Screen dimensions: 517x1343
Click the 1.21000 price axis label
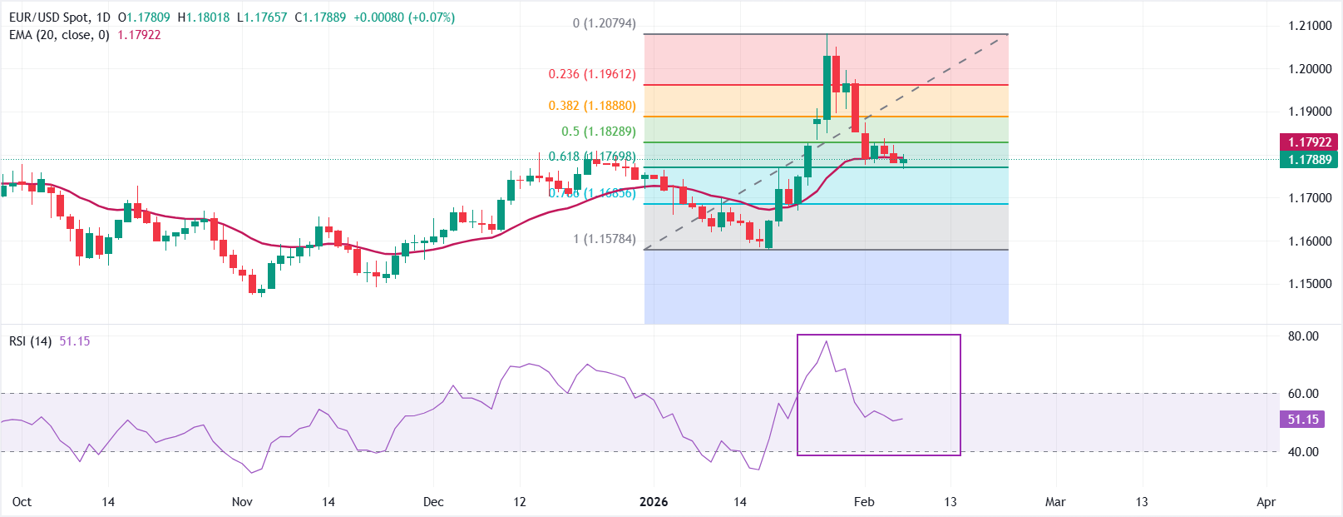[1310, 26]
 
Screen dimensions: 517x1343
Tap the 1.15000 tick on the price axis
[1310, 284]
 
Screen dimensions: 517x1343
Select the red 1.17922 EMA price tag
[1310, 142]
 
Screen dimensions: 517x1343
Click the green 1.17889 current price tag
[1310, 160]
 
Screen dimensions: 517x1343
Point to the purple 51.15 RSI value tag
[1302, 420]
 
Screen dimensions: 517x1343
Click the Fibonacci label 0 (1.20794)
[604, 23]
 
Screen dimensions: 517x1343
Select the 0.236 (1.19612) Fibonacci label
[592, 74]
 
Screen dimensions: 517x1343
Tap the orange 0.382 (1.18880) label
[592, 106]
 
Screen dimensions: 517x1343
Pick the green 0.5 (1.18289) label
[598, 132]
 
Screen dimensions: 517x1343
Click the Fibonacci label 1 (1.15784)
[604, 239]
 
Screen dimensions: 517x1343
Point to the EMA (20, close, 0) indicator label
[59, 35]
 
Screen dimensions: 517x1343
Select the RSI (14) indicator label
[31, 341]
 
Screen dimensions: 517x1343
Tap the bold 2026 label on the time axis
[654, 502]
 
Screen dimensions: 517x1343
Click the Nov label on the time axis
[242, 502]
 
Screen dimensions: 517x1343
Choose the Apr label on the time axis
[1266, 502]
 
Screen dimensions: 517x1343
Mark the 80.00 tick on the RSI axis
[1303, 336]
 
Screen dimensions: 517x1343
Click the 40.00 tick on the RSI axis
[1303, 452]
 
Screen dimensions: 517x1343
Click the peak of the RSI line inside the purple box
[826, 341]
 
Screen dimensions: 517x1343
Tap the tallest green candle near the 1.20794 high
[827, 87]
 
